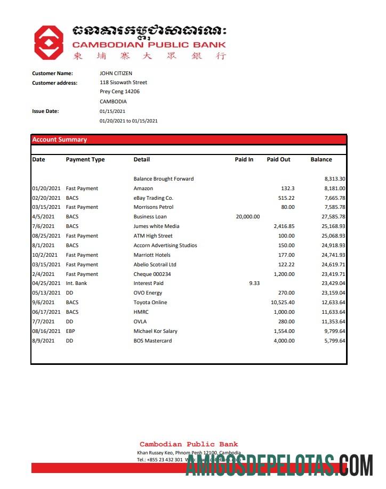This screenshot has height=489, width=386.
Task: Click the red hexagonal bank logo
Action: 49,43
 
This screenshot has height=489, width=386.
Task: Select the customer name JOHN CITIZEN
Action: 116,74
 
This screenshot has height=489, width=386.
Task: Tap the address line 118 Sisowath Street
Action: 123,83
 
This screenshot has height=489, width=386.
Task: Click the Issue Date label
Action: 45,111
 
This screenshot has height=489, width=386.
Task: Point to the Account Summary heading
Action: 59,140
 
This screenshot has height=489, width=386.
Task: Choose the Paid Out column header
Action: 278,159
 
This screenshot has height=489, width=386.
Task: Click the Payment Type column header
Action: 85,159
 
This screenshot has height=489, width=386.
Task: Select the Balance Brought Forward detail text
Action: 163,179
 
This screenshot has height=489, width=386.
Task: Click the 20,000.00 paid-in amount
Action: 247,217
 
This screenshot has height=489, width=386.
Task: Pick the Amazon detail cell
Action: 143,189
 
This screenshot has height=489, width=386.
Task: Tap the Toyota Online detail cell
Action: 150,303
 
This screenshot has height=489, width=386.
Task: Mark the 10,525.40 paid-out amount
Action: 282,303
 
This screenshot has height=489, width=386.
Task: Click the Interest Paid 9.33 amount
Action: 254,283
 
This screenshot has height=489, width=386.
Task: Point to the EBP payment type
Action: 71,331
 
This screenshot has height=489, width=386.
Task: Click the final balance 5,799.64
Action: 333,341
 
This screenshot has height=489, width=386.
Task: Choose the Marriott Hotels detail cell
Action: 152,255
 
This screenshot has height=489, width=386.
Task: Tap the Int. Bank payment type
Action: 76,283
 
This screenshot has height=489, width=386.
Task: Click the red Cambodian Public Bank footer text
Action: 189,444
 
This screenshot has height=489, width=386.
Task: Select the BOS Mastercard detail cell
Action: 152,341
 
